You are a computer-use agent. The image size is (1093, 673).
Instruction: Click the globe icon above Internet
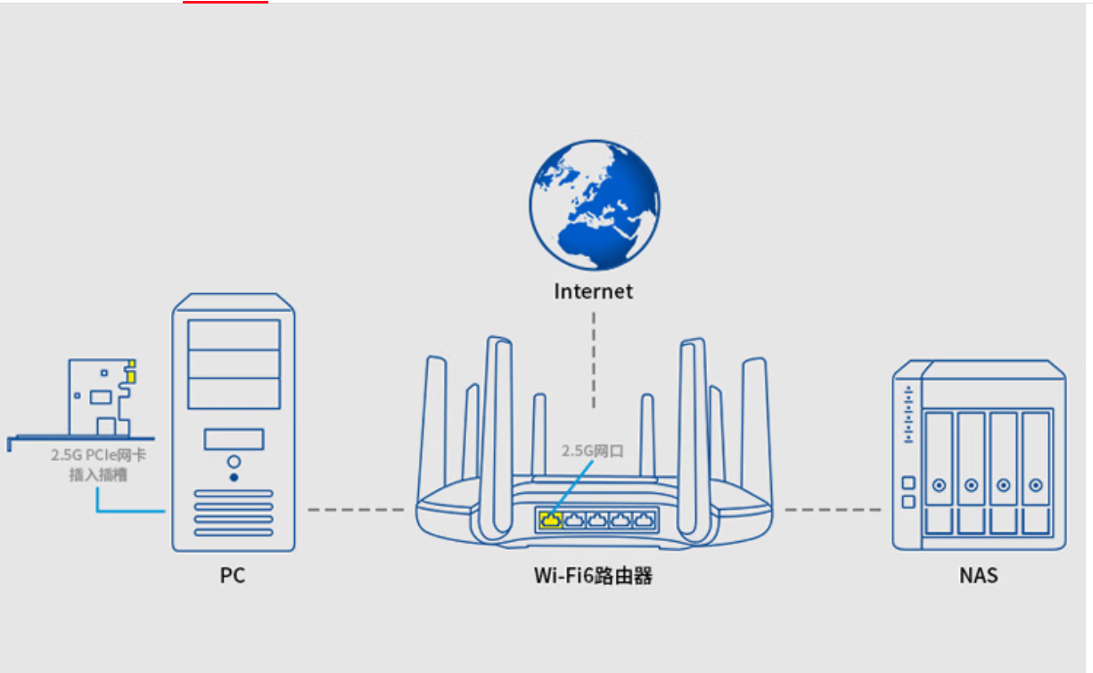pos(594,204)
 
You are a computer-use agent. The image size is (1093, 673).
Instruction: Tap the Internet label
pos(593,291)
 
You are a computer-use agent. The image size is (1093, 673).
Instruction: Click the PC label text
pos(233,576)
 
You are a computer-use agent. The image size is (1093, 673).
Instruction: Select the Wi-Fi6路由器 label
pos(593,576)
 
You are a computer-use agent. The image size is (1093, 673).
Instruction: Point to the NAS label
pos(978,576)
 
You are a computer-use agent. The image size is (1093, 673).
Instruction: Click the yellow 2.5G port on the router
pos(551,519)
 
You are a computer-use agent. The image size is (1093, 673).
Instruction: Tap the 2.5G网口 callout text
pos(592,451)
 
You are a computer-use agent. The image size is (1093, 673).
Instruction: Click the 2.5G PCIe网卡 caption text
pos(98,456)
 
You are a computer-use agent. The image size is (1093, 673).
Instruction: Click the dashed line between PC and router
pos(355,510)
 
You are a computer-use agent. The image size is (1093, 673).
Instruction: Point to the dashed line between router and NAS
pos(833,510)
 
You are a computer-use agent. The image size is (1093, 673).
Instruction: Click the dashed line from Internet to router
pos(593,357)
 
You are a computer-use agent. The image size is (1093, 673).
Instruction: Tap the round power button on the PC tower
pos(234,463)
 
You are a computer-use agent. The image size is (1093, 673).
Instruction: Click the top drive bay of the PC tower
pos(234,334)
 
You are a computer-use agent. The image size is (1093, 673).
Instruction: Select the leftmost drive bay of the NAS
pos(939,472)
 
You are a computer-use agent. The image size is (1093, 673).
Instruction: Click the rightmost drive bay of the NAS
pos(1035,472)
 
